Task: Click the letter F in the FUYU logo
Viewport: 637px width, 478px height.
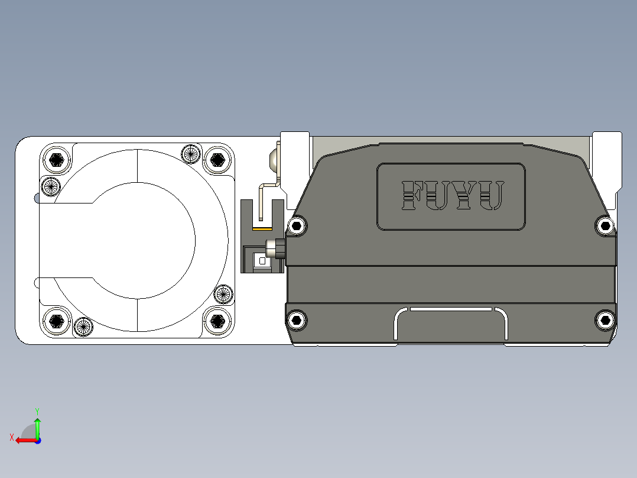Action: (x=412, y=196)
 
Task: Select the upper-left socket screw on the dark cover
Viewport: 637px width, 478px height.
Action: (x=297, y=225)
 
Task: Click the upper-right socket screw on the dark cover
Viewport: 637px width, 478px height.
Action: (x=604, y=225)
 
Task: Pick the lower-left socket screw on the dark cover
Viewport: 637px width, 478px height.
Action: (x=297, y=321)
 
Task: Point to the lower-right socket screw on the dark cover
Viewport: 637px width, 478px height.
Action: (x=604, y=321)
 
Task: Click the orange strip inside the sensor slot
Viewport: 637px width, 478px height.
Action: (x=262, y=228)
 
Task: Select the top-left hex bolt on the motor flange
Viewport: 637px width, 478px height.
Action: (x=57, y=159)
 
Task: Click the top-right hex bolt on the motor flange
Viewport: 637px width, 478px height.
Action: (x=217, y=159)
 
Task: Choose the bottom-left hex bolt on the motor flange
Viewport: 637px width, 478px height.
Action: (x=57, y=321)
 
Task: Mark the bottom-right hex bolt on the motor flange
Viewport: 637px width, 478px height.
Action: (x=217, y=321)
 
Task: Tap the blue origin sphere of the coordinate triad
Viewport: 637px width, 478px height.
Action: (x=37, y=441)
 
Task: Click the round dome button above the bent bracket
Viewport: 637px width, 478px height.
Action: (x=274, y=160)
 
